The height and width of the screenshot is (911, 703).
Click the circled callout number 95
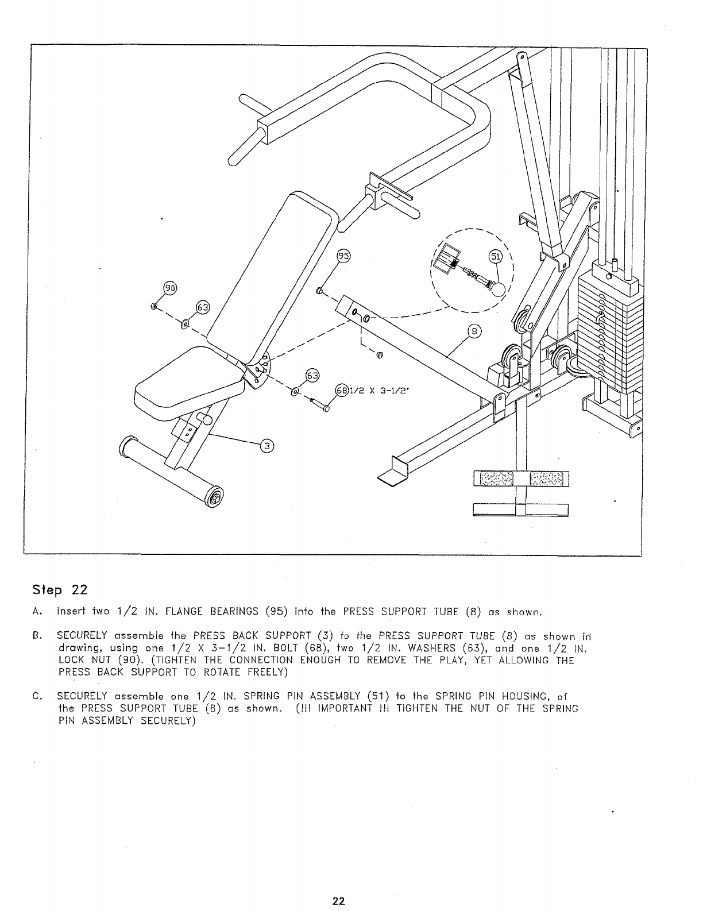coord(343,257)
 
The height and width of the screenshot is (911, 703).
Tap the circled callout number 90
coord(171,289)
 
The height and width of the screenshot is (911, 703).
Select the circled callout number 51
coord(495,257)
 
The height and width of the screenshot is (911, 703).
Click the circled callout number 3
coord(266,446)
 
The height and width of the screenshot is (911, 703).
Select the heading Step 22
coord(60,590)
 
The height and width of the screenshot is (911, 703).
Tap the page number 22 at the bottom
coord(339,901)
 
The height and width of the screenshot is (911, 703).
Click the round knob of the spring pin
coord(500,289)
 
